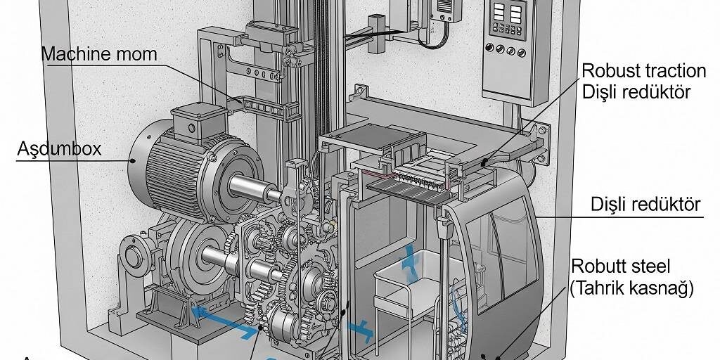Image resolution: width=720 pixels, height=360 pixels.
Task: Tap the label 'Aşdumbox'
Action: pyautogui.click(x=59, y=149)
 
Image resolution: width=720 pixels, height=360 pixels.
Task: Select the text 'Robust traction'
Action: pyautogui.click(x=644, y=71)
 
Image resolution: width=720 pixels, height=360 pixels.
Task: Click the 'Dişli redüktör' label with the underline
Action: pyautogui.click(x=645, y=205)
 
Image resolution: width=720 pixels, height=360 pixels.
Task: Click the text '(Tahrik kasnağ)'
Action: pyautogui.click(x=631, y=288)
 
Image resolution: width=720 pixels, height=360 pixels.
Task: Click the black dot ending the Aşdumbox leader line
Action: pyautogui.click(x=133, y=161)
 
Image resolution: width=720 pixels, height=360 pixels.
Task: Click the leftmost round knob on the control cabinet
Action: pyautogui.click(x=490, y=48)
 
